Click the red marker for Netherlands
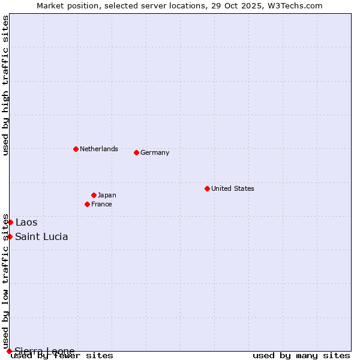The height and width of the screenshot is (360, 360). point(76,149)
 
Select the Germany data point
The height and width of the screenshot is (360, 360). point(136,152)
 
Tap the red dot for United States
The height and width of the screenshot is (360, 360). point(207,188)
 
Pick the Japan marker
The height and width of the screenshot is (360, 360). point(94,195)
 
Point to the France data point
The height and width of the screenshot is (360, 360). point(87,204)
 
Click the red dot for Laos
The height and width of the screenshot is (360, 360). point(10,223)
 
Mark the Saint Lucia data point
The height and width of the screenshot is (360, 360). point(10,236)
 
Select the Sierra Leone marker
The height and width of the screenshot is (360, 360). point(9,351)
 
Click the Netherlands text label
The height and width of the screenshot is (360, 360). point(99,149)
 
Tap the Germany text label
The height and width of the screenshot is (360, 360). point(155,152)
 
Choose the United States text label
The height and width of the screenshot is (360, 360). point(233,188)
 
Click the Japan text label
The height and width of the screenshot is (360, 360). point(107,195)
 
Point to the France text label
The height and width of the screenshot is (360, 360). point(101,204)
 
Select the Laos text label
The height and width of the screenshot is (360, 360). point(26,223)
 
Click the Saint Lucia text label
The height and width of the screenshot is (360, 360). point(41,236)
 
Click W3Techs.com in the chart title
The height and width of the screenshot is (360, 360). point(295,6)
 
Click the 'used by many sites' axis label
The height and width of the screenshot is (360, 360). point(301,355)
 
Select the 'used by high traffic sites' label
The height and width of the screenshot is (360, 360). point(5,85)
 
